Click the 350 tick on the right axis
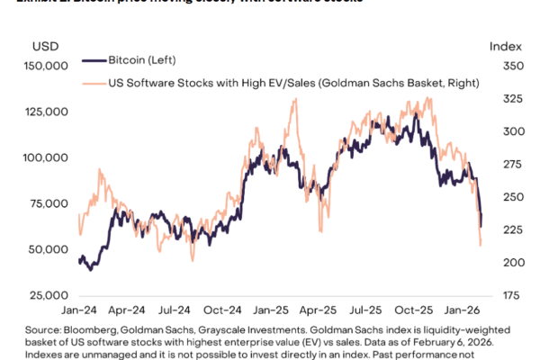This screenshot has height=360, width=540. [x=501, y=66]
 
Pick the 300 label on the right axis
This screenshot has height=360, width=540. [x=501, y=131]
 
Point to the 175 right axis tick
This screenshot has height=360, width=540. [x=501, y=294]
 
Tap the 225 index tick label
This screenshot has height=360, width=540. [x=501, y=229]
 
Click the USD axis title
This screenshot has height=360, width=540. [x=45, y=45]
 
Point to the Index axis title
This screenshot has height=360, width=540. [x=501, y=45]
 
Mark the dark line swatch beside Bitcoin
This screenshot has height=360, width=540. [x=93, y=61]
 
